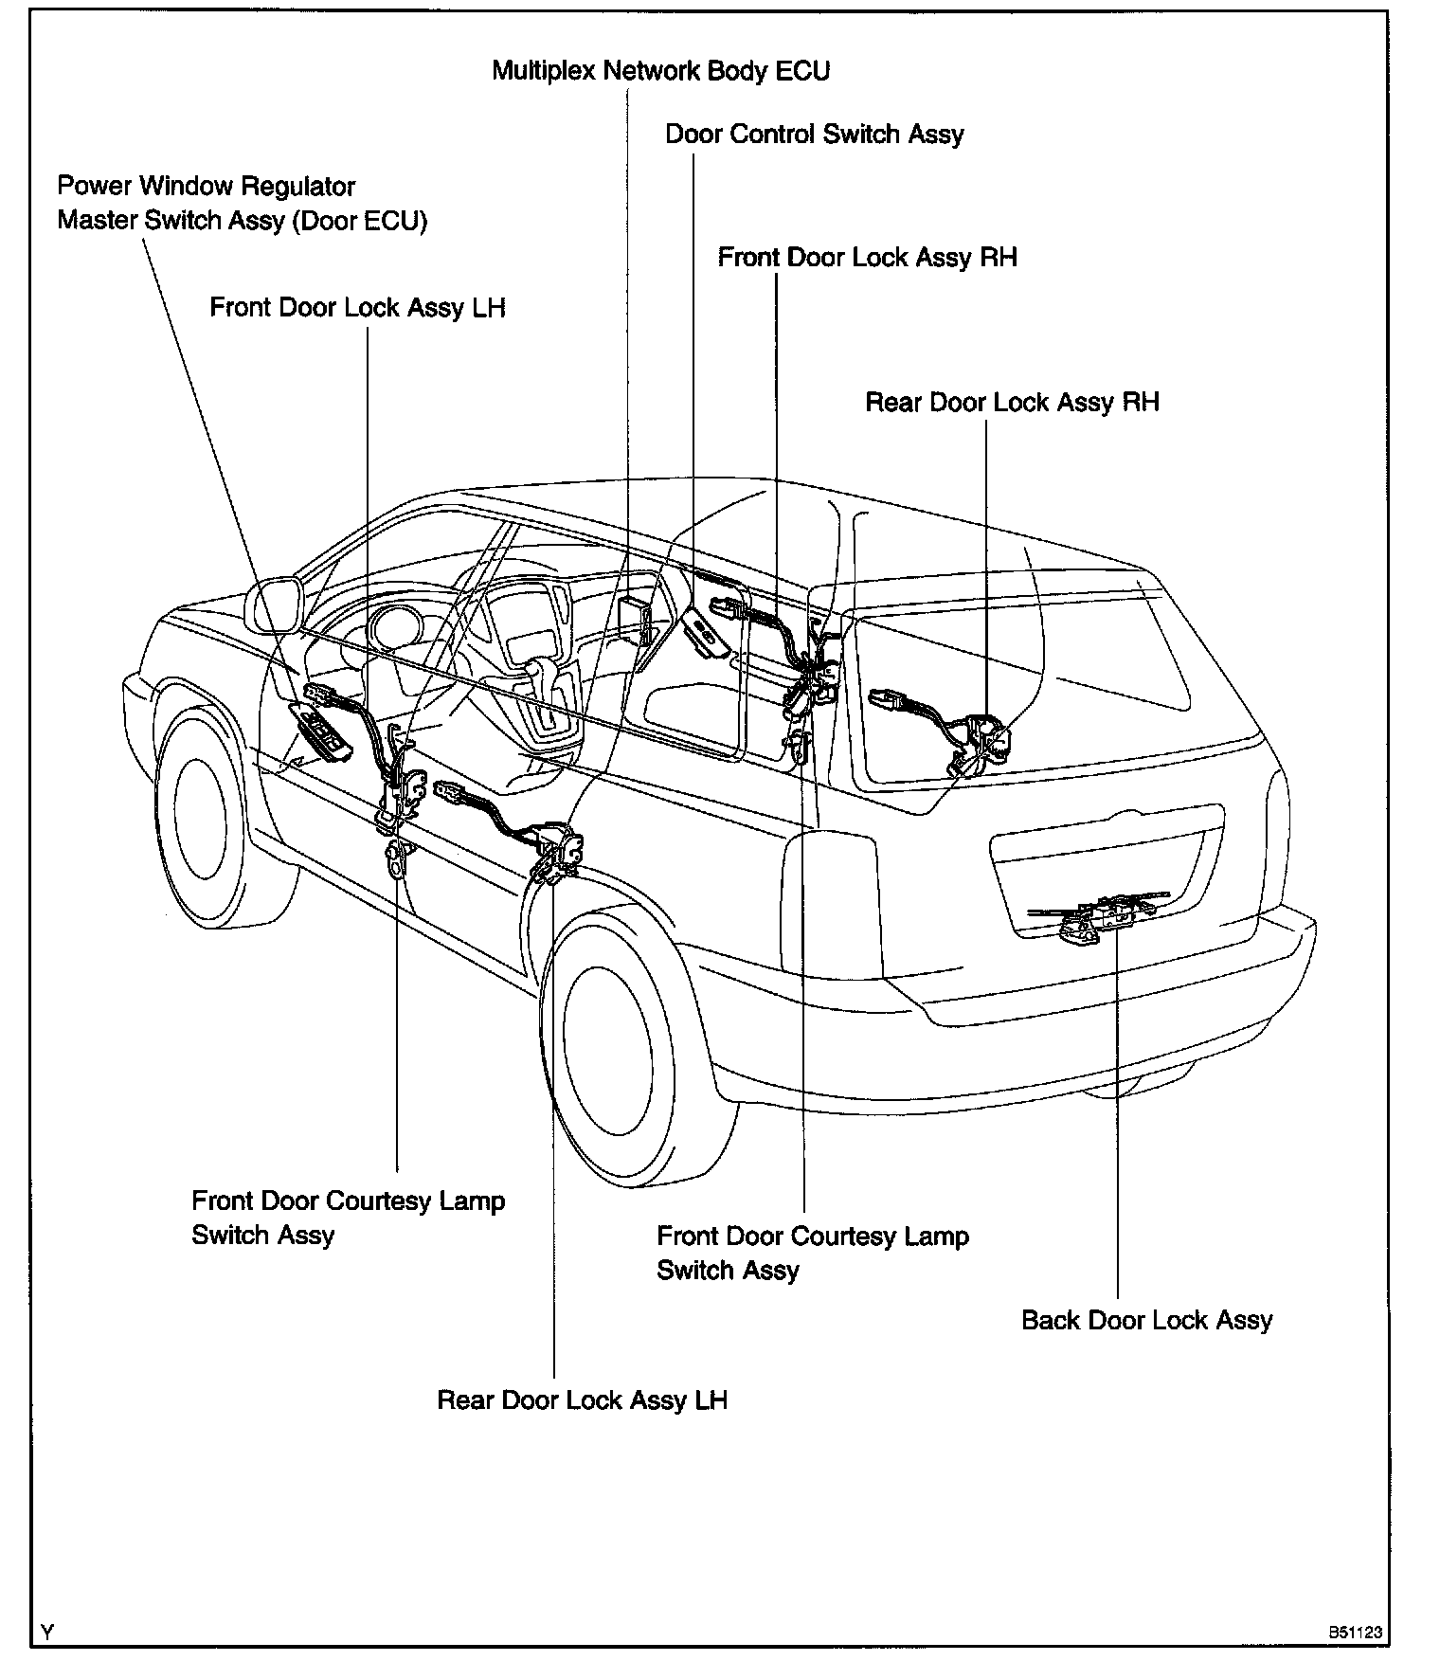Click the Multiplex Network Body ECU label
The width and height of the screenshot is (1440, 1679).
660,71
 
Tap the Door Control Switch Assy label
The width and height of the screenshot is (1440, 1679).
814,135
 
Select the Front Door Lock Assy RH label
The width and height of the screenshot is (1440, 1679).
867,258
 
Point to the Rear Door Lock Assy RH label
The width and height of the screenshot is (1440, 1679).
1012,403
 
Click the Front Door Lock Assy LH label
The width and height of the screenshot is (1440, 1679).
357,309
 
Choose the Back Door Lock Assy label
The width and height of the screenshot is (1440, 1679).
1146,1321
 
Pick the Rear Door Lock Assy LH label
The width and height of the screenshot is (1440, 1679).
582,1400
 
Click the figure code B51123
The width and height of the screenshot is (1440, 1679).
1354,1633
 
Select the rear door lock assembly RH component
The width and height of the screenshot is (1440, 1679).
981,738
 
